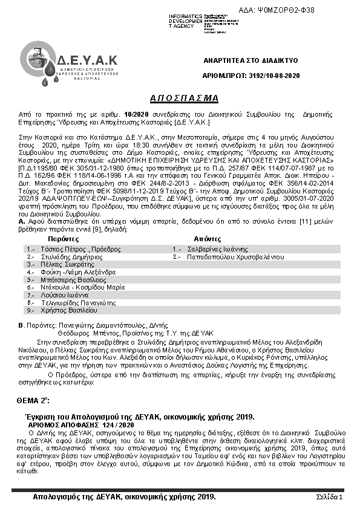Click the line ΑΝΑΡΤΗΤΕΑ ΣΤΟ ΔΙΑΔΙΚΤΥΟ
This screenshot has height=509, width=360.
click(x=250, y=61)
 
